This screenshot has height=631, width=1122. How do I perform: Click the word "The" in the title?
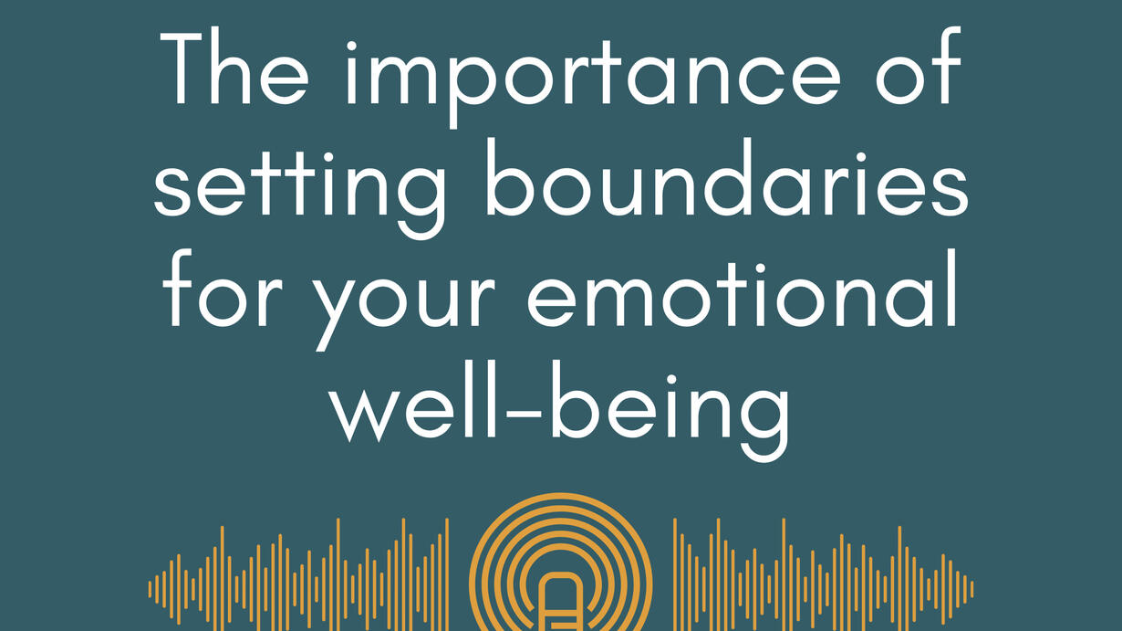point(234,68)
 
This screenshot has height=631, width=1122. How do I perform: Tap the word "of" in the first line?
point(919,66)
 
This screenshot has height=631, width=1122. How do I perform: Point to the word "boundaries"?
point(726,177)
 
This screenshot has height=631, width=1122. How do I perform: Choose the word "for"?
point(223,288)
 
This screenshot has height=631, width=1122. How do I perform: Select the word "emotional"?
point(743,288)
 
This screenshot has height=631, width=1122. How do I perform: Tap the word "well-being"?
point(560,411)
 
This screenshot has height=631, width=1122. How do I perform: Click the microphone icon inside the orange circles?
point(560,602)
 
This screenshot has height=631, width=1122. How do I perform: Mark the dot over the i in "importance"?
point(351,47)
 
